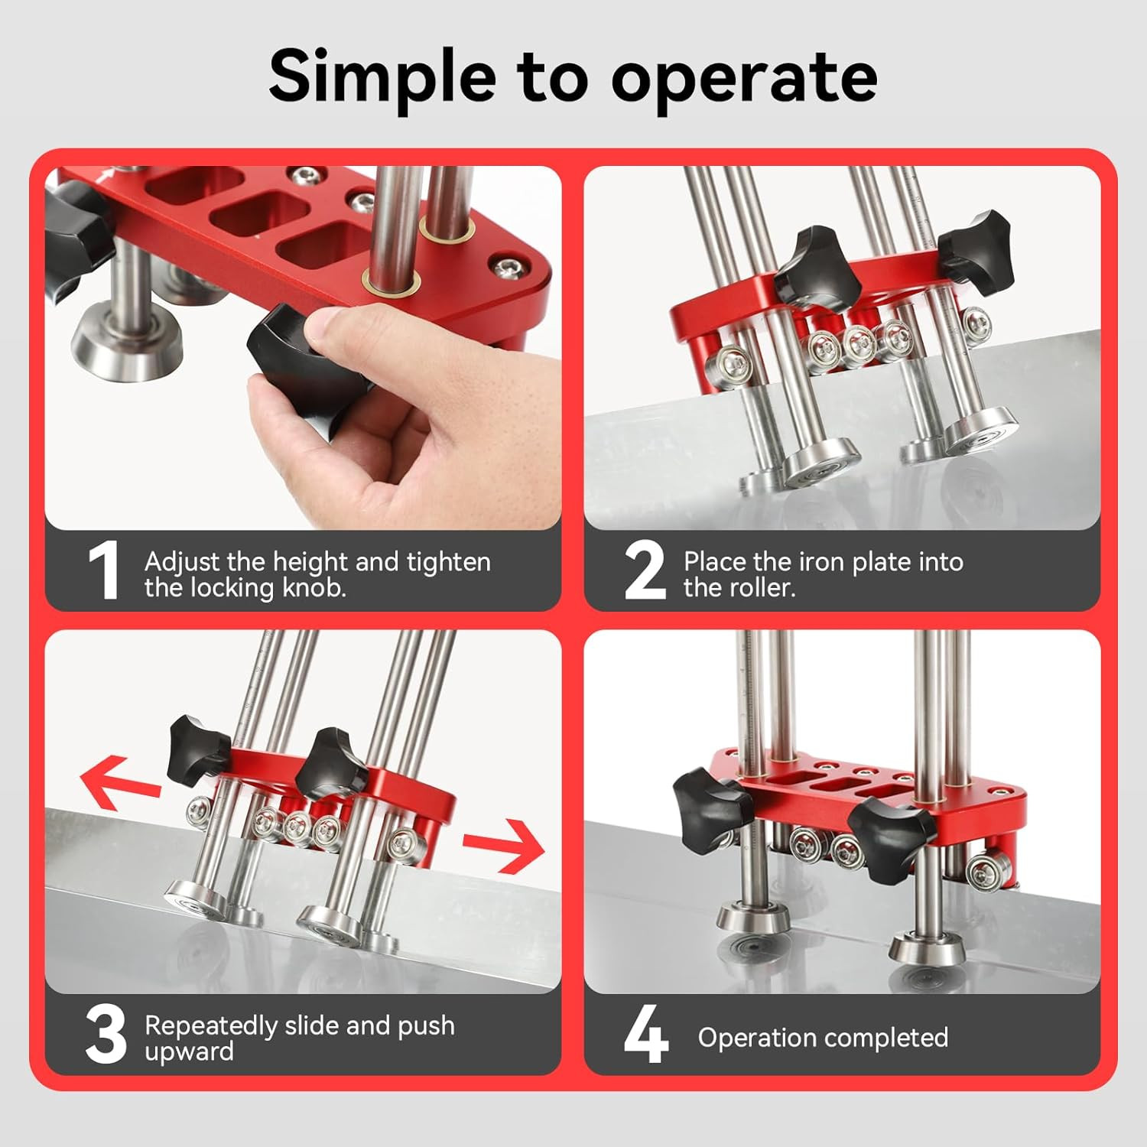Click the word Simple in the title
(x=382, y=76)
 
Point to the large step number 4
(x=646, y=1036)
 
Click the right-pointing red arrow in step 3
(x=505, y=846)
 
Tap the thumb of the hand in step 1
(x=348, y=327)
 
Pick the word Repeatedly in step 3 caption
(x=210, y=1025)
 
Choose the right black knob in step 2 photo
(x=973, y=246)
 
